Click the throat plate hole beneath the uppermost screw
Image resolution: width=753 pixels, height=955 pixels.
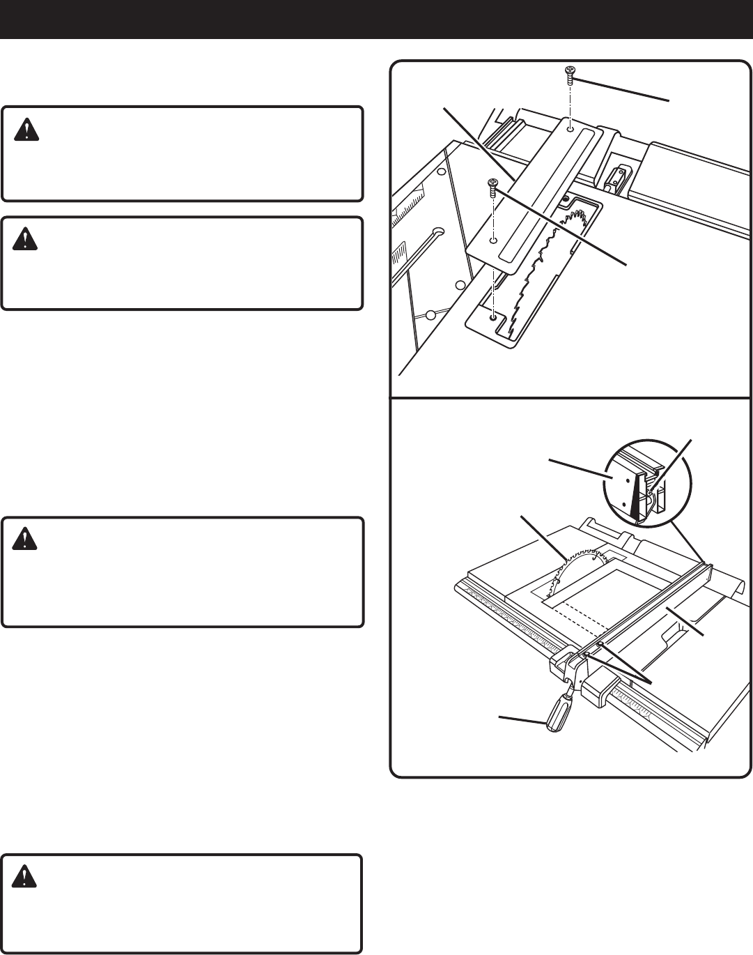[570, 128]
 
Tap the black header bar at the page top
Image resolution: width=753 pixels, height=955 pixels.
[376, 19]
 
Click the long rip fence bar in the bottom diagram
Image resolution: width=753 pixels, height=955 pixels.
[648, 606]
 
